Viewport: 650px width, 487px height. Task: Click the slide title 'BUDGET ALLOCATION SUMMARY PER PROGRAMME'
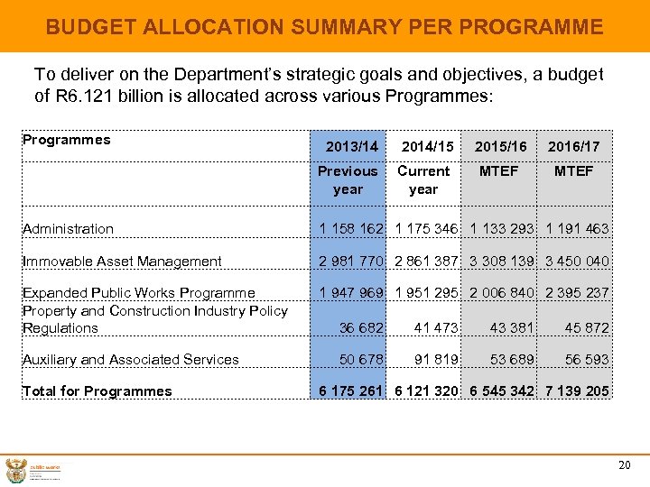(324, 27)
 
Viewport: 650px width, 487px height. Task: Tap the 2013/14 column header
(351, 146)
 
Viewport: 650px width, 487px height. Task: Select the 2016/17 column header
(573, 146)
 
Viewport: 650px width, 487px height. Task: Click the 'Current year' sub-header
(422, 179)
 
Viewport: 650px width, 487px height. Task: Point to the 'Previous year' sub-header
(348, 179)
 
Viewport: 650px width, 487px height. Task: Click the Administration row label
(69, 229)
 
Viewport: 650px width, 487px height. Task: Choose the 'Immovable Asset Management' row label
(122, 262)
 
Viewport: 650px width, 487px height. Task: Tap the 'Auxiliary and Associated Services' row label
(131, 360)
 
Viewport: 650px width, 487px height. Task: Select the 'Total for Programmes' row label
(97, 391)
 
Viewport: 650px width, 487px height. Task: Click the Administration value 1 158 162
(351, 229)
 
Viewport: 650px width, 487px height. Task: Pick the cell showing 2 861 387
(424, 262)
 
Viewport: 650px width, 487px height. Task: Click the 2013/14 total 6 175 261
(351, 391)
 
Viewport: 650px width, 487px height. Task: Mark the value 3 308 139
(501, 262)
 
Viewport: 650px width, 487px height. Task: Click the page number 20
(624, 465)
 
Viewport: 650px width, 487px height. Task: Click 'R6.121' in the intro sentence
(84, 95)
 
